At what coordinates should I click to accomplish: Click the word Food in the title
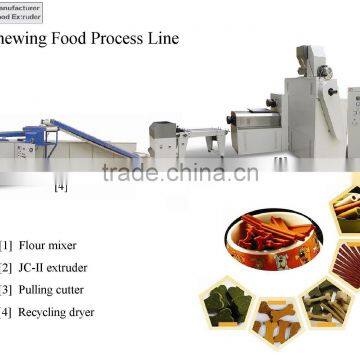tap(63, 40)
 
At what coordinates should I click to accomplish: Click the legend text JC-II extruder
tap(58, 268)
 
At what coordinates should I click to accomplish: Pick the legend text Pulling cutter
tap(58, 290)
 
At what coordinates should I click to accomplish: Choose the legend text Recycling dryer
tap(62, 312)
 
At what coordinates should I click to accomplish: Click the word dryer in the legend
tap(85, 312)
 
